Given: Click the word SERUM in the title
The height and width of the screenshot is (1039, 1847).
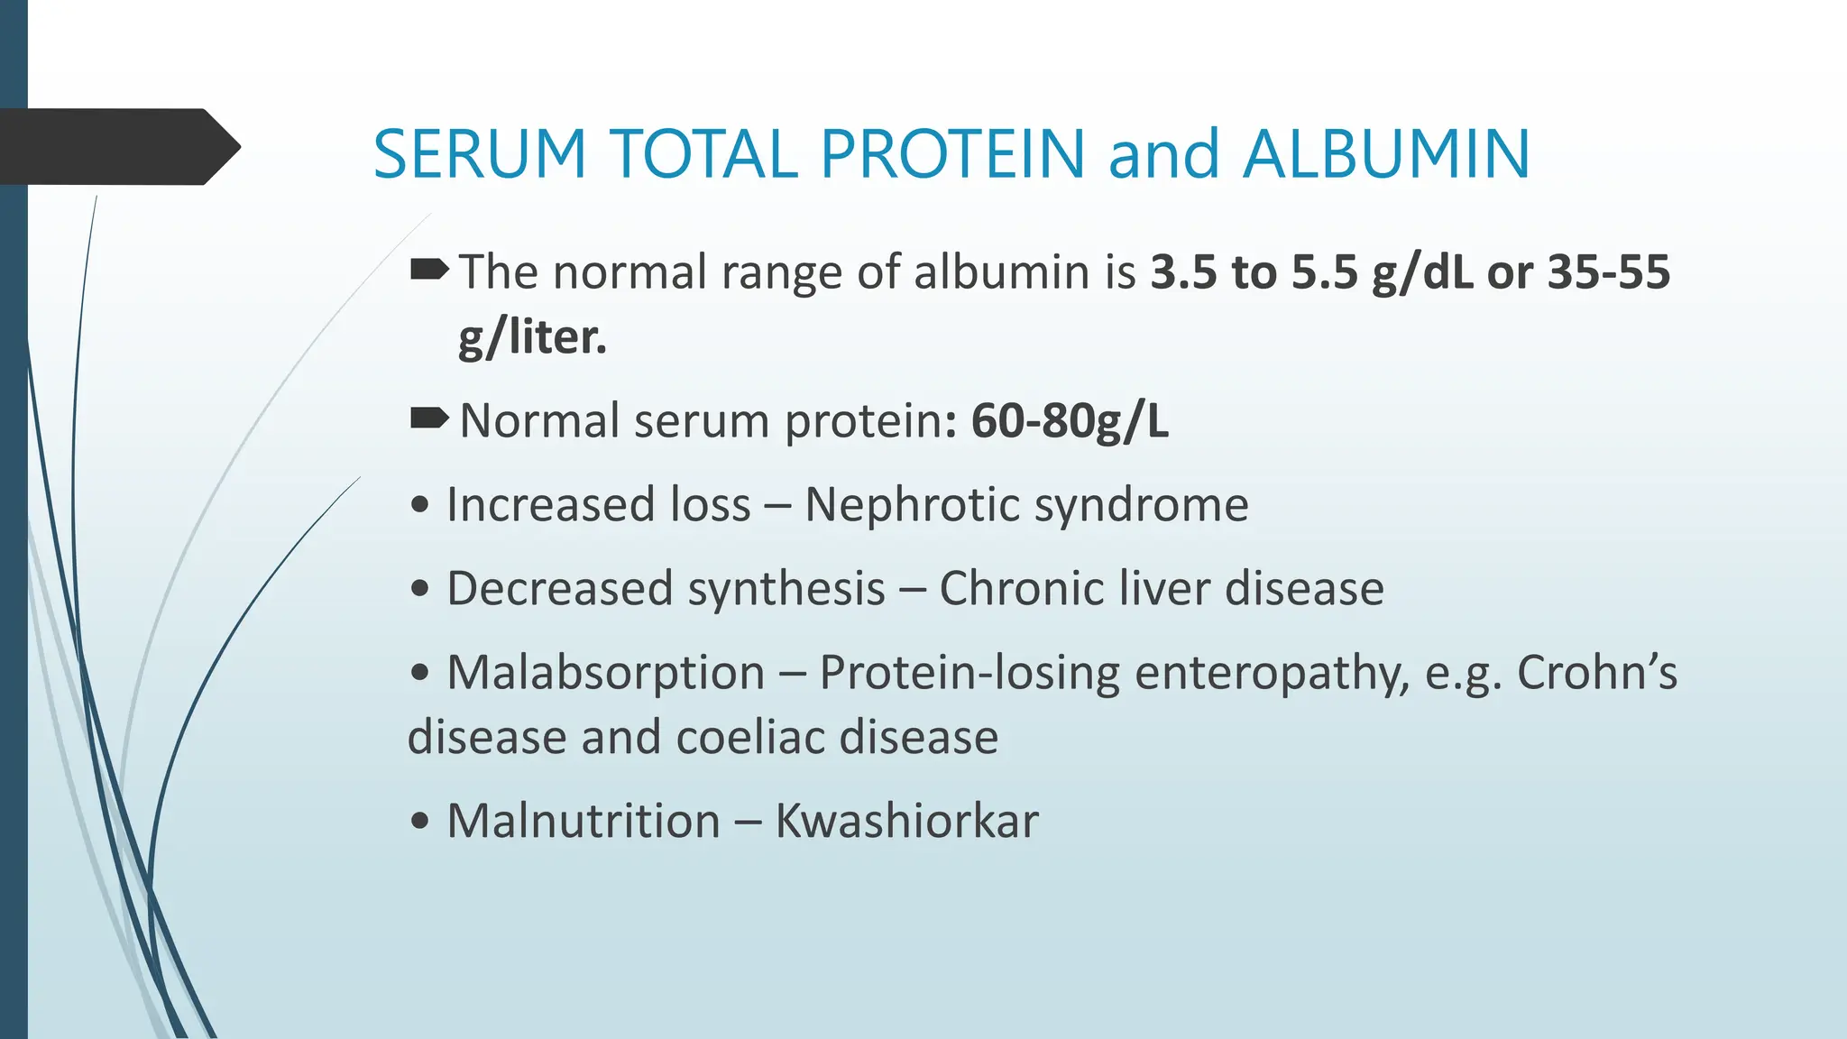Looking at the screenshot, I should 480,153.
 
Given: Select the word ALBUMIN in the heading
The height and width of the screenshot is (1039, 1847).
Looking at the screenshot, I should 1386,153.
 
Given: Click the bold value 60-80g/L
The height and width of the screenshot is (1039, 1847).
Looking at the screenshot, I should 1070,420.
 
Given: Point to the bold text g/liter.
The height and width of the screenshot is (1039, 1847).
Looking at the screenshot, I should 532,337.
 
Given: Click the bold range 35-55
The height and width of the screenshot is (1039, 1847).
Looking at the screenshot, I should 1608,271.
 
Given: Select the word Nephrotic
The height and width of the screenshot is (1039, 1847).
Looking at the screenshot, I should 913,504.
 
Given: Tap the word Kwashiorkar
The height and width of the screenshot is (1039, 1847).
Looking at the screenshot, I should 906,821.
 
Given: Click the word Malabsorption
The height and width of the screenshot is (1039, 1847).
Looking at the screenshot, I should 606,673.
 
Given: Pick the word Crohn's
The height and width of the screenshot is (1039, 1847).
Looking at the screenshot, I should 1596,673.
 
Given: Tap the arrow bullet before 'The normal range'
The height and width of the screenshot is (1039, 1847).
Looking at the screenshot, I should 429,269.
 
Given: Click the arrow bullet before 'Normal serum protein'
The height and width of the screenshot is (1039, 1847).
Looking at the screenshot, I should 429,418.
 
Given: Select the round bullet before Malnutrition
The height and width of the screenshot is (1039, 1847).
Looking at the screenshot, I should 419,822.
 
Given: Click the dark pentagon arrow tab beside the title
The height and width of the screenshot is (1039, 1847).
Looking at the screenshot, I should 117,147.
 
